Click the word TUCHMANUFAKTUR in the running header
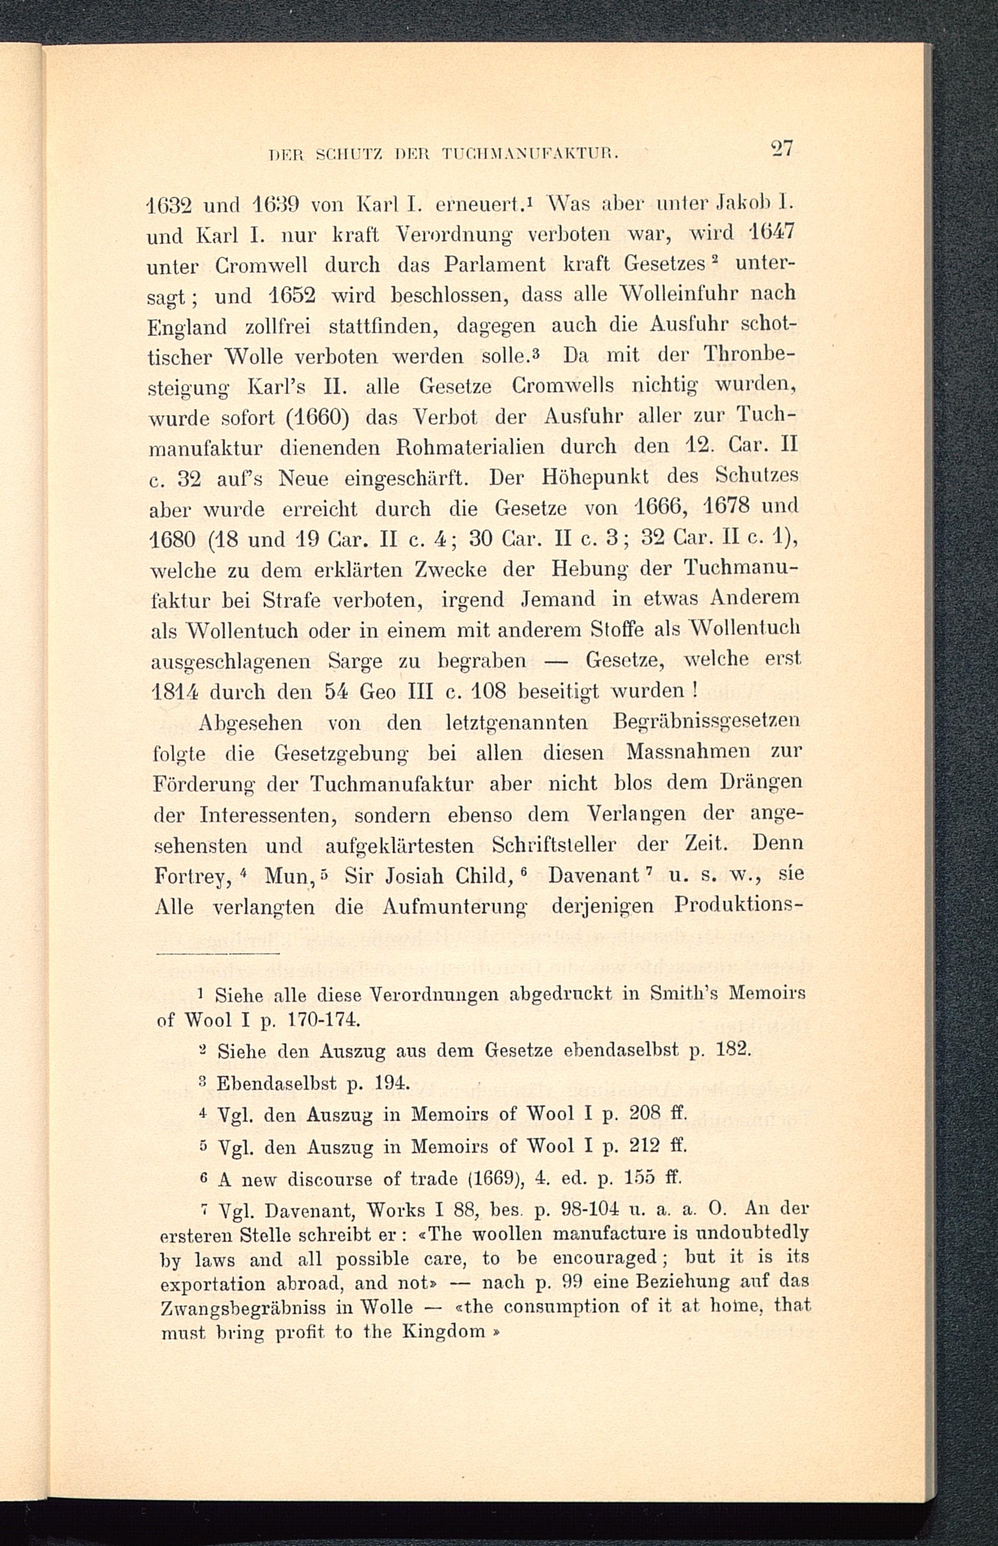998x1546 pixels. coord(528,154)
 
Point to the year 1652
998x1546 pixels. coord(291,295)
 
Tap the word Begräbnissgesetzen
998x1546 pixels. coord(706,721)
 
